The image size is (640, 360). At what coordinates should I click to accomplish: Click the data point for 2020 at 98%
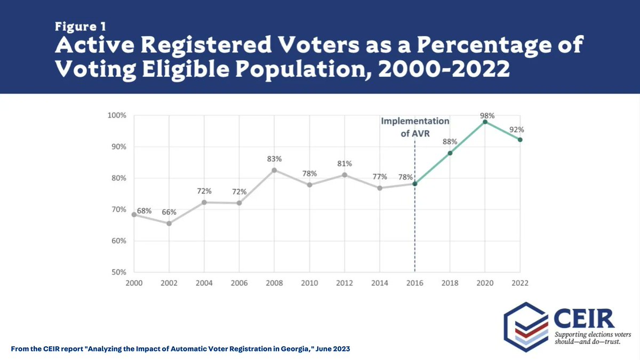click(x=485, y=122)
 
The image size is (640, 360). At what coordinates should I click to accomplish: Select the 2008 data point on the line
click(x=275, y=170)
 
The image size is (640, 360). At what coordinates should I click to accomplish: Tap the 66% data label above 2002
click(x=169, y=211)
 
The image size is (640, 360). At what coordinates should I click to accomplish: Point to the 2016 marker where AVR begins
click(x=415, y=183)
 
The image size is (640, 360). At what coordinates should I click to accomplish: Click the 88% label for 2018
click(x=450, y=141)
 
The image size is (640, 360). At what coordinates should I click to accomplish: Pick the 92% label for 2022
click(x=516, y=129)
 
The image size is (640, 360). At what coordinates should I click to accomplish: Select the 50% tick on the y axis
click(x=117, y=272)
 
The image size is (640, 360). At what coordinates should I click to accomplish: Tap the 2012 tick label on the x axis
click(x=345, y=282)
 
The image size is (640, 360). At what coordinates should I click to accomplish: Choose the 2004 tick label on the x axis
click(x=204, y=282)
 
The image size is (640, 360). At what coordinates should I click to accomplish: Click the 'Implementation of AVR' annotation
click(x=415, y=127)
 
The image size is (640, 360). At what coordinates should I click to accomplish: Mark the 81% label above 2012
click(x=345, y=164)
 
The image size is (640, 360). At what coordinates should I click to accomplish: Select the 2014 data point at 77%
click(x=380, y=188)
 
